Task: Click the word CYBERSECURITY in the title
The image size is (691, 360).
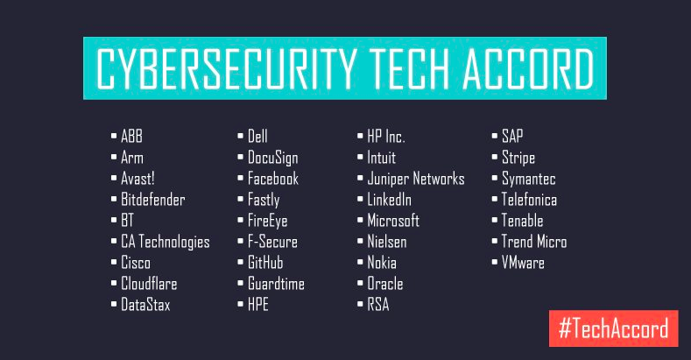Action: (x=226, y=68)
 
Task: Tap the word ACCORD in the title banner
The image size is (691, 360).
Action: (x=528, y=68)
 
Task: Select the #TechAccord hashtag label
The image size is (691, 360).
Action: (x=613, y=328)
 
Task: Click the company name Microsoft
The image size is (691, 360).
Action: (x=393, y=221)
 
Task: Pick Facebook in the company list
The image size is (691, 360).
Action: (x=273, y=179)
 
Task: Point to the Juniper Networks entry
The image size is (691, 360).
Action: (x=416, y=179)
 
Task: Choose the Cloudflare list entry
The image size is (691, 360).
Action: (x=149, y=284)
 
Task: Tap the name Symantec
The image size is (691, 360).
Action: (x=528, y=179)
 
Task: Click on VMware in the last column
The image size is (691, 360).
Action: (x=523, y=263)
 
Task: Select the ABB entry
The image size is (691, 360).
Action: (x=131, y=137)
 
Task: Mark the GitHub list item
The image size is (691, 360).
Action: (x=265, y=263)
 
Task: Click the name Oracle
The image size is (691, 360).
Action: (x=385, y=284)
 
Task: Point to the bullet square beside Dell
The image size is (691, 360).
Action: (x=240, y=136)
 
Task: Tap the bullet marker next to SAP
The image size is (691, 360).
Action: (x=495, y=136)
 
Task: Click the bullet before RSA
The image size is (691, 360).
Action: (x=360, y=304)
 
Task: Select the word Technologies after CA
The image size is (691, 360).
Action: (x=174, y=242)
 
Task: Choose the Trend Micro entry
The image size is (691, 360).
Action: (x=534, y=242)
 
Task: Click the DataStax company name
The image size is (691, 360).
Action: (x=145, y=305)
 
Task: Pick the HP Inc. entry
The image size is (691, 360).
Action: (x=386, y=137)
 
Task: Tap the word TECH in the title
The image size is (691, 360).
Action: (x=409, y=68)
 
